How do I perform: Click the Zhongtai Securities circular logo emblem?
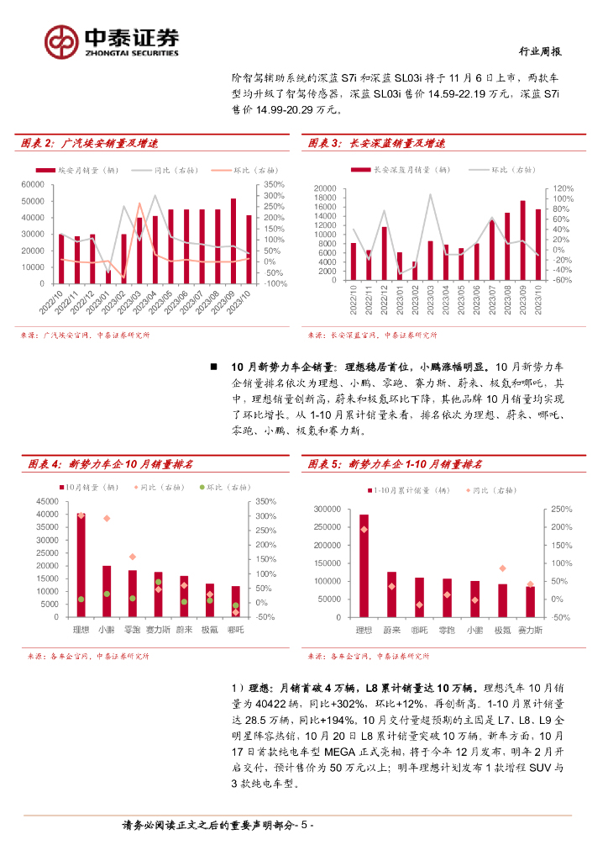coord(60,40)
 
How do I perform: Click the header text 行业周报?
coord(537,51)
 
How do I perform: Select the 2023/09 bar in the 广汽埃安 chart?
coord(233,240)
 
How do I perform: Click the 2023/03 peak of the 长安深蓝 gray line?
coord(430,194)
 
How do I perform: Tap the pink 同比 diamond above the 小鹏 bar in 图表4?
coord(107,518)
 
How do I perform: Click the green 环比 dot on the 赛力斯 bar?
coord(158,583)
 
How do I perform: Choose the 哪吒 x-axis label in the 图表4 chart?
coord(236,629)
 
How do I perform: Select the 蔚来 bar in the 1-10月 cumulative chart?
coord(391,594)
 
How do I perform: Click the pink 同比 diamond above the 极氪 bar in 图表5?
coord(502,569)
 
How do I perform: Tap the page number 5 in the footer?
coord(307,826)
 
